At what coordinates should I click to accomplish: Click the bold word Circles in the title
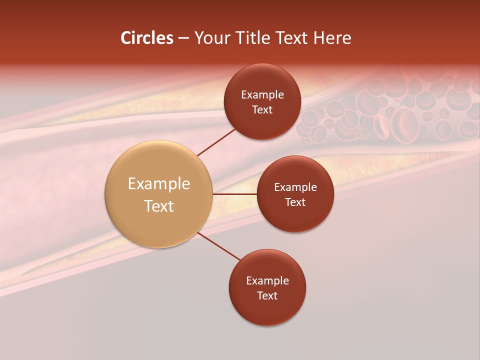147,38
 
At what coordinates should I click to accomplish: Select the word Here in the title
332,38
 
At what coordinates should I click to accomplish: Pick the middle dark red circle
295,220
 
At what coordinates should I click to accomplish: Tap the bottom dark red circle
267,310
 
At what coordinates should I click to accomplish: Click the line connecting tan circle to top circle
216,141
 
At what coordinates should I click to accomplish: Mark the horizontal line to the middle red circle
235,194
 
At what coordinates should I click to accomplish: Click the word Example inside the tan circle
159,184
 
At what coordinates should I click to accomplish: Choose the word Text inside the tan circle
159,206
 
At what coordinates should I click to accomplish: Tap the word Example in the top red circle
262,95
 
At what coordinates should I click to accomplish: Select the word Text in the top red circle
262,110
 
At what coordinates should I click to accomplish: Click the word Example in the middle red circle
295,187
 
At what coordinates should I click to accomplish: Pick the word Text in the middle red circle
295,202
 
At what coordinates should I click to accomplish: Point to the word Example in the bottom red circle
267,281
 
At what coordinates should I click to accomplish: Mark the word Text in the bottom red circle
267,296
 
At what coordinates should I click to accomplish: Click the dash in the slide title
183,38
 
